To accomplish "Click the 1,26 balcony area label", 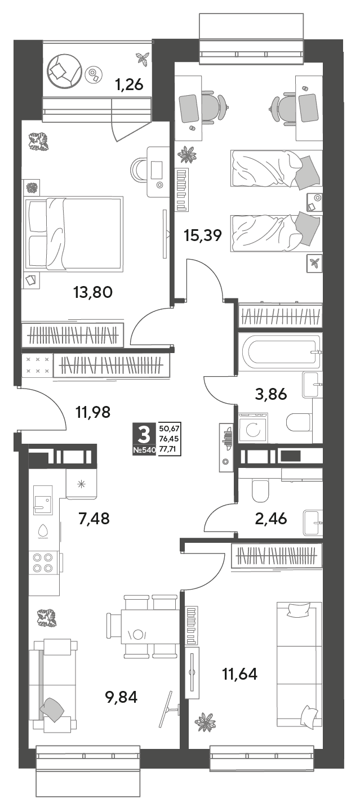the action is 129,85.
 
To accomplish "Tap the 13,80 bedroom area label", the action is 93,292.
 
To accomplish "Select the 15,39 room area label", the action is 203,235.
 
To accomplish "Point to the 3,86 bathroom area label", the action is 271,394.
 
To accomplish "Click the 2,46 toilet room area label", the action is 271,519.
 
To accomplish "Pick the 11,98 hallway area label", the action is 93,412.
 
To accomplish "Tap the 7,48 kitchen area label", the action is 94,519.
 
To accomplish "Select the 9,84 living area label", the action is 121,697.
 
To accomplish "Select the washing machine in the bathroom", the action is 253,429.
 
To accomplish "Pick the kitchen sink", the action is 43,500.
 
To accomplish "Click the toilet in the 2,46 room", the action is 260,490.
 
